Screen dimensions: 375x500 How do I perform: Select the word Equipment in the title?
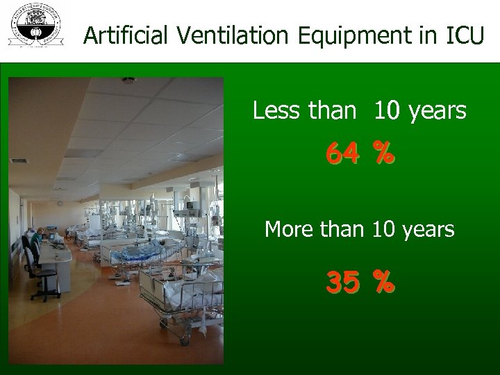coord(335,36)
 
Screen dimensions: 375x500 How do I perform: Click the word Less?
coord(274,110)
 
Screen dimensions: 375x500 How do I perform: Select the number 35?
coord(343,282)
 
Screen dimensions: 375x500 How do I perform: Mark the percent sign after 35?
coord(383,282)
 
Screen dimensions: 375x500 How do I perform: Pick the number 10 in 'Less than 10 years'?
coord(386,110)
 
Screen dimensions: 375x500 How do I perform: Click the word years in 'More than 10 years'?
coord(429,230)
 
